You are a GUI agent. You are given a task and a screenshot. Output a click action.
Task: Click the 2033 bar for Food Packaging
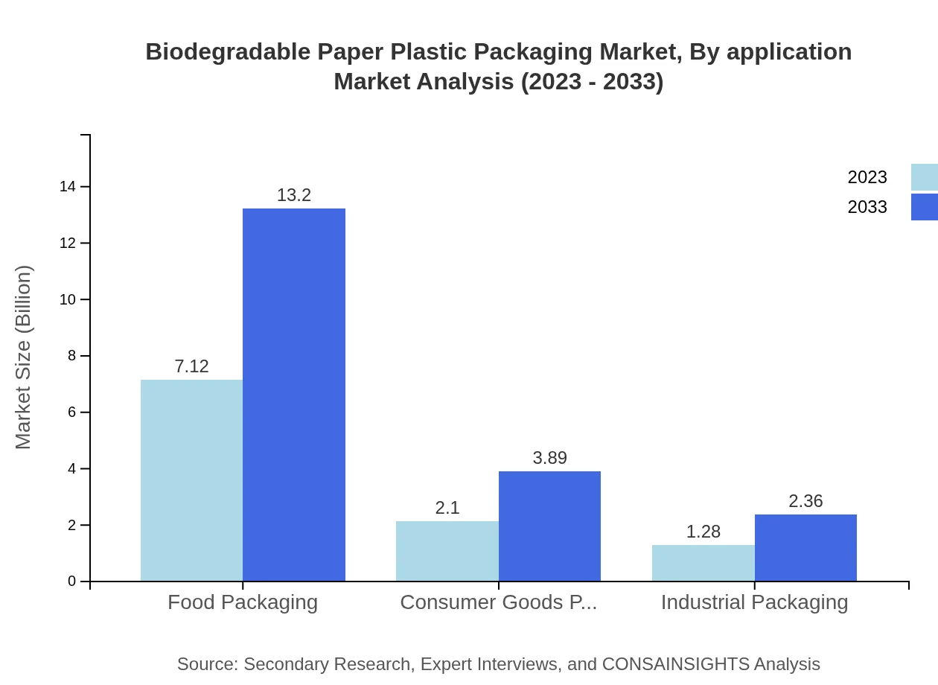point(294,395)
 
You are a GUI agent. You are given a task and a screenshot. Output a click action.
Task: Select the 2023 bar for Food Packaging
point(191,480)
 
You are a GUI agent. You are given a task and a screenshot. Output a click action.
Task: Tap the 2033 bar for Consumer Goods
point(549,526)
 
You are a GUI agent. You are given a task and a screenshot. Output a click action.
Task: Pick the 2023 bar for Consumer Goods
point(447,551)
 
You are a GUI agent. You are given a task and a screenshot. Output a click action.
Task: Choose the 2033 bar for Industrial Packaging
point(805,547)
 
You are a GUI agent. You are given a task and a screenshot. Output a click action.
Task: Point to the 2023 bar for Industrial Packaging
point(703,563)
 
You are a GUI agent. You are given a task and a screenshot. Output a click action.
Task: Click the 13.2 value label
point(294,195)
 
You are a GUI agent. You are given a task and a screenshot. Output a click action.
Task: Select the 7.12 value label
point(191,366)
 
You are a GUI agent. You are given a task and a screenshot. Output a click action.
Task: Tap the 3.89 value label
point(549,458)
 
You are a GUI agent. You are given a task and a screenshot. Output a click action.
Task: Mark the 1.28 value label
point(703,532)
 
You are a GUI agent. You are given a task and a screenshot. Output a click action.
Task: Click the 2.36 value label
point(805,501)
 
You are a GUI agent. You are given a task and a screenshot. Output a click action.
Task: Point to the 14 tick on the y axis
point(68,187)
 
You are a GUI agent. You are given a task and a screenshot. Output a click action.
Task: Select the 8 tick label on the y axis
point(72,356)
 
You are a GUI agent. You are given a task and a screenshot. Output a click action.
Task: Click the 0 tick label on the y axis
point(72,582)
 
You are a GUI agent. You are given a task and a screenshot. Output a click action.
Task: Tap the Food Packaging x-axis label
point(243,602)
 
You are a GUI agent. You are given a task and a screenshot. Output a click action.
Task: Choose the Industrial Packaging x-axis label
point(754,602)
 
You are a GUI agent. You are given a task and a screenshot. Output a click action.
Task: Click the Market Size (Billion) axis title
point(23,357)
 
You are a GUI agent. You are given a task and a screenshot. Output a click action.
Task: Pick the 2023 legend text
point(867,177)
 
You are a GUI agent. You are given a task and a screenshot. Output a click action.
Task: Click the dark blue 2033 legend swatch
point(925,207)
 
